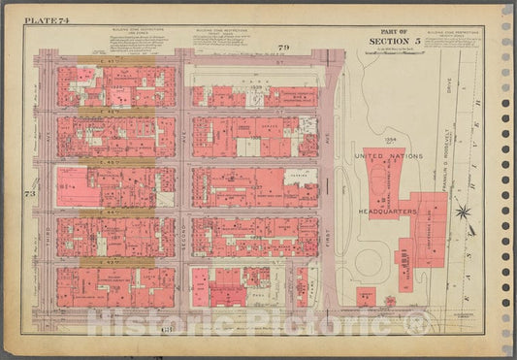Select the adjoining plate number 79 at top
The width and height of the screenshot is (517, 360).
point(257,48)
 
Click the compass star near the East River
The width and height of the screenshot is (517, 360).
point(464,210)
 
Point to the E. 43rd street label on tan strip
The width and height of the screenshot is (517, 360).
point(116,261)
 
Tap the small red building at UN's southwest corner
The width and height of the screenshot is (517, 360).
point(365,296)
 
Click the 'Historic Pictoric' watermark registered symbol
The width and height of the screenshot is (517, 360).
point(404,320)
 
